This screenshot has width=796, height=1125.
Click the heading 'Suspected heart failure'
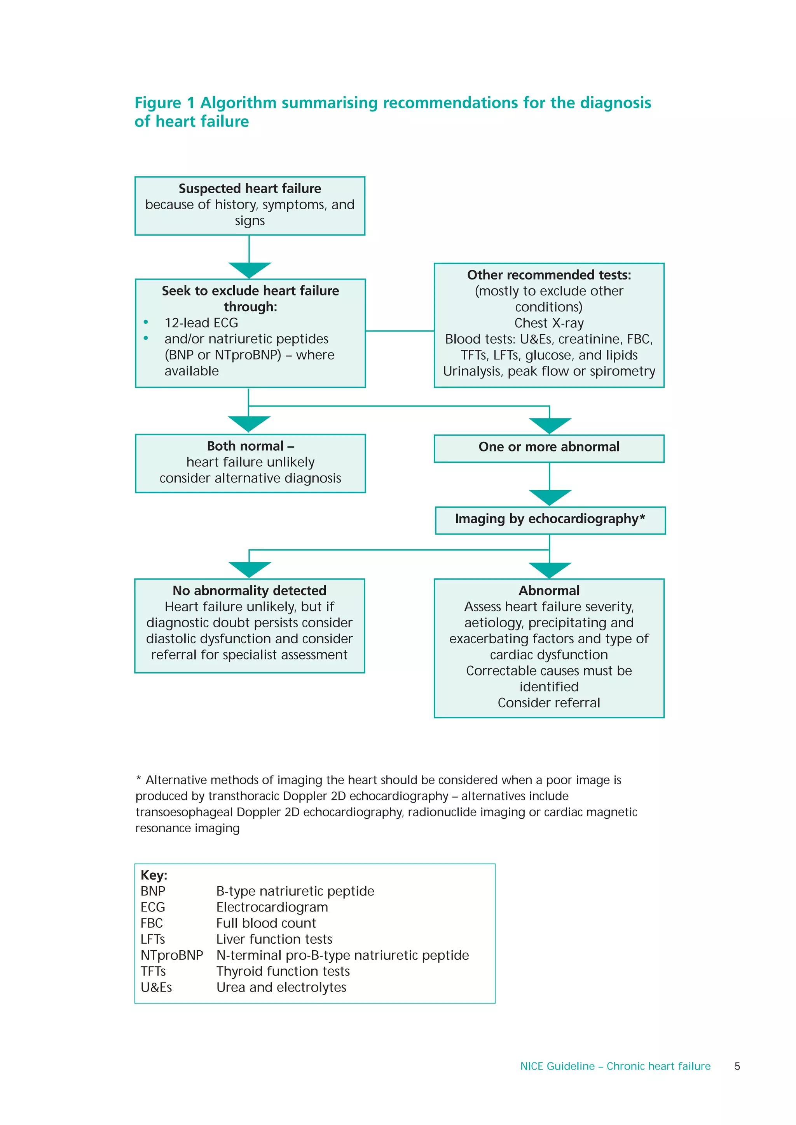(250, 189)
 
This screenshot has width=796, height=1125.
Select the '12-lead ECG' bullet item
(201, 323)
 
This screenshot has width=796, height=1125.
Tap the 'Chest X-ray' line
(549, 323)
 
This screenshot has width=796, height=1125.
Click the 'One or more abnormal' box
(549, 447)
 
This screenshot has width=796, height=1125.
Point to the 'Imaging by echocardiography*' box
(550, 519)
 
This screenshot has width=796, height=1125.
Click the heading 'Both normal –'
(250, 446)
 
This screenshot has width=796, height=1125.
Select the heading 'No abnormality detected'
(249, 591)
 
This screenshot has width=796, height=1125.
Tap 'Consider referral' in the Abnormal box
(549, 703)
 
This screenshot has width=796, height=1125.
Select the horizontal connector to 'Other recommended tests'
(400, 331)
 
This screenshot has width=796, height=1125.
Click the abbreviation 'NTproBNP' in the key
(172, 955)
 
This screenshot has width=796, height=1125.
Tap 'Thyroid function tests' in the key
(283, 972)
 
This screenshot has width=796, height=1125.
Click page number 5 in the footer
(737, 1066)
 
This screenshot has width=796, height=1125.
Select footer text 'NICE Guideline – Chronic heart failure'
(615, 1066)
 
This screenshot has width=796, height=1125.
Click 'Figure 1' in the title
(165, 103)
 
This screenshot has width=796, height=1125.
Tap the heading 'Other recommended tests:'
(549, 275)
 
